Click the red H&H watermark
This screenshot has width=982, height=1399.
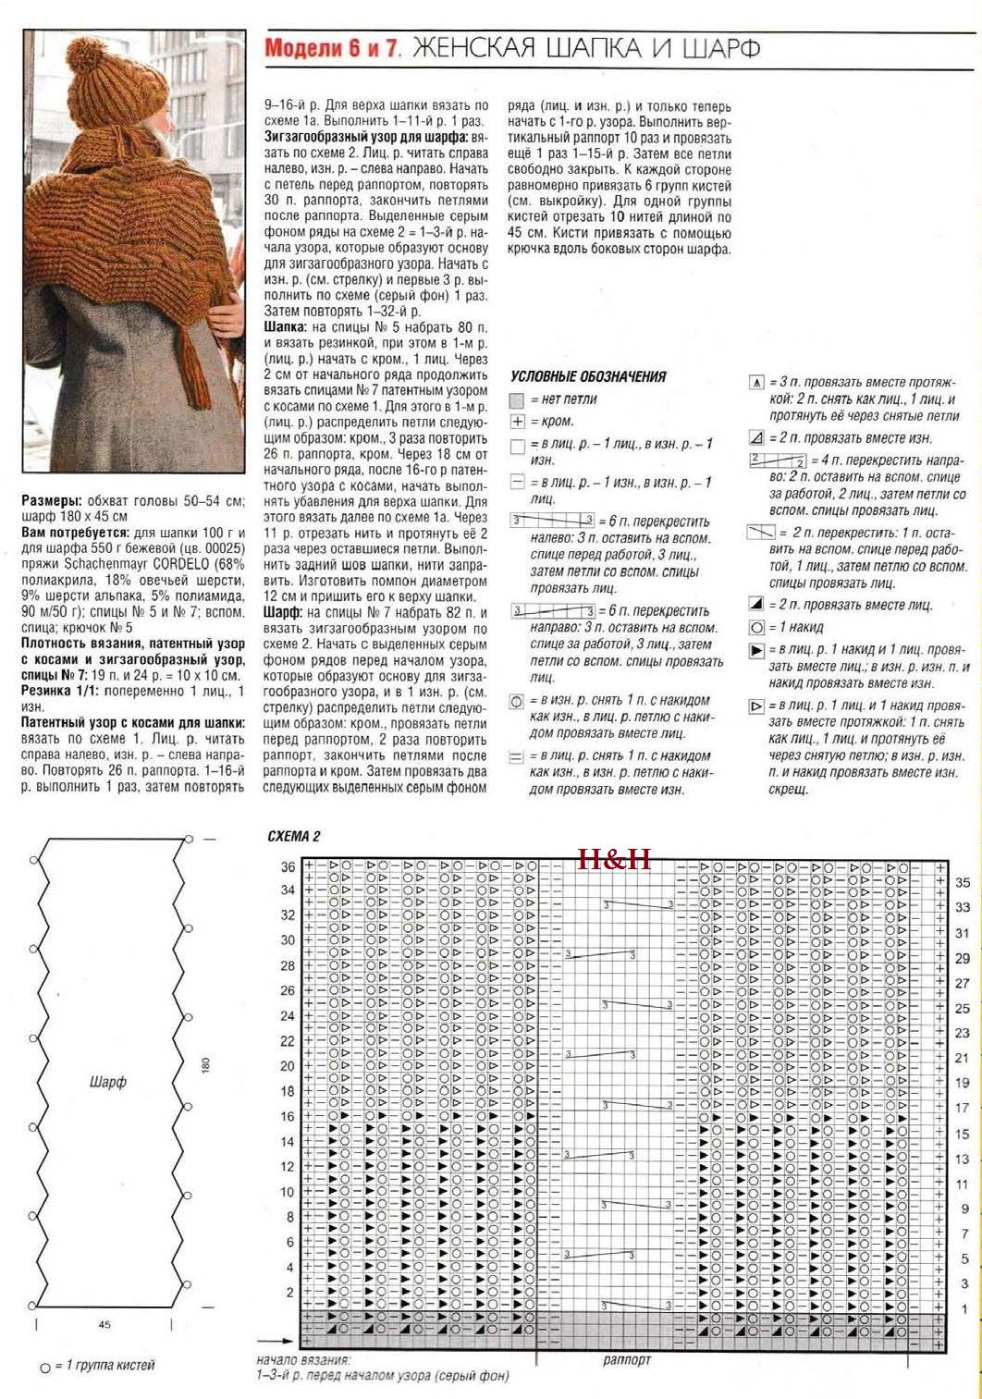(x=614, y=859)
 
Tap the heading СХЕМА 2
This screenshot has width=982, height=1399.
(x=293, y=836)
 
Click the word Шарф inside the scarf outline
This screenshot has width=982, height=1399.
(x=108, y=1081)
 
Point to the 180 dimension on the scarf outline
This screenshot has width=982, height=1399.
(x=205, y=1065)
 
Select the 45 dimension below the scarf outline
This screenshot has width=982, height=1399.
(x=104, y=1324)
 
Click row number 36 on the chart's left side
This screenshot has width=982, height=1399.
(x=288, y=866)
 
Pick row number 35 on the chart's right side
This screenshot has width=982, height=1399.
(x=963, y=883)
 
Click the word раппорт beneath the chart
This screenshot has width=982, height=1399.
(x=627, y=1359)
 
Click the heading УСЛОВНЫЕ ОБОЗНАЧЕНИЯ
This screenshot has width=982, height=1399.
(x=587, y=376)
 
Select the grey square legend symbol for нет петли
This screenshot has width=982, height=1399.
(x=517, y=400)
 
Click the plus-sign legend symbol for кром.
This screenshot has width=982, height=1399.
(x=517, y=422)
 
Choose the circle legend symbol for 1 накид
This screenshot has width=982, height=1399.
(x=755, y=628)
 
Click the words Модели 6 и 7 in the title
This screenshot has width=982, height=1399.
(x=332, y=48)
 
